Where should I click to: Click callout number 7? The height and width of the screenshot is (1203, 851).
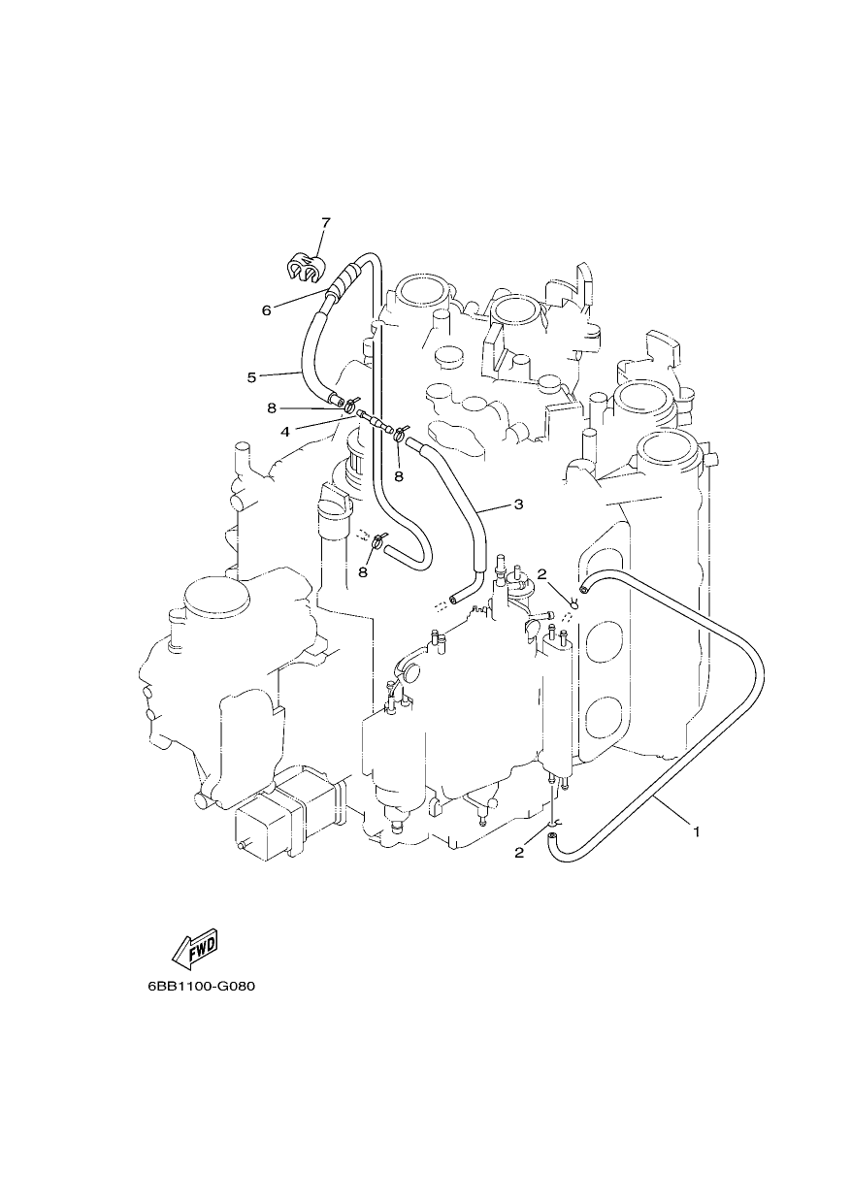coord(326,222)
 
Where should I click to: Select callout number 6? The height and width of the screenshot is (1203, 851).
coord(267,310)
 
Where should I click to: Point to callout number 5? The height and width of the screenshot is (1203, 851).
coord(251,377)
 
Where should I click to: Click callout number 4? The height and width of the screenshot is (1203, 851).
coord(285,432)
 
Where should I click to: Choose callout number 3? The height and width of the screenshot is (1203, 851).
coord(518,504)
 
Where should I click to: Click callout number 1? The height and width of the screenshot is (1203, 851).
coord(697,833)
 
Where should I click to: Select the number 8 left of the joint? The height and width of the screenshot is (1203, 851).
coord(272,408)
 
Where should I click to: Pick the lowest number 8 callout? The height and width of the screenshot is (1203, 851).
coord(363,572)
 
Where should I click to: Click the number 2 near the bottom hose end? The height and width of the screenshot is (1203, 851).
coord(519,853)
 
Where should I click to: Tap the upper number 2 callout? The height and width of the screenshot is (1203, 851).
coord(541,574)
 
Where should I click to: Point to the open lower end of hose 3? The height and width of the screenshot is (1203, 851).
coord(455,599)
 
